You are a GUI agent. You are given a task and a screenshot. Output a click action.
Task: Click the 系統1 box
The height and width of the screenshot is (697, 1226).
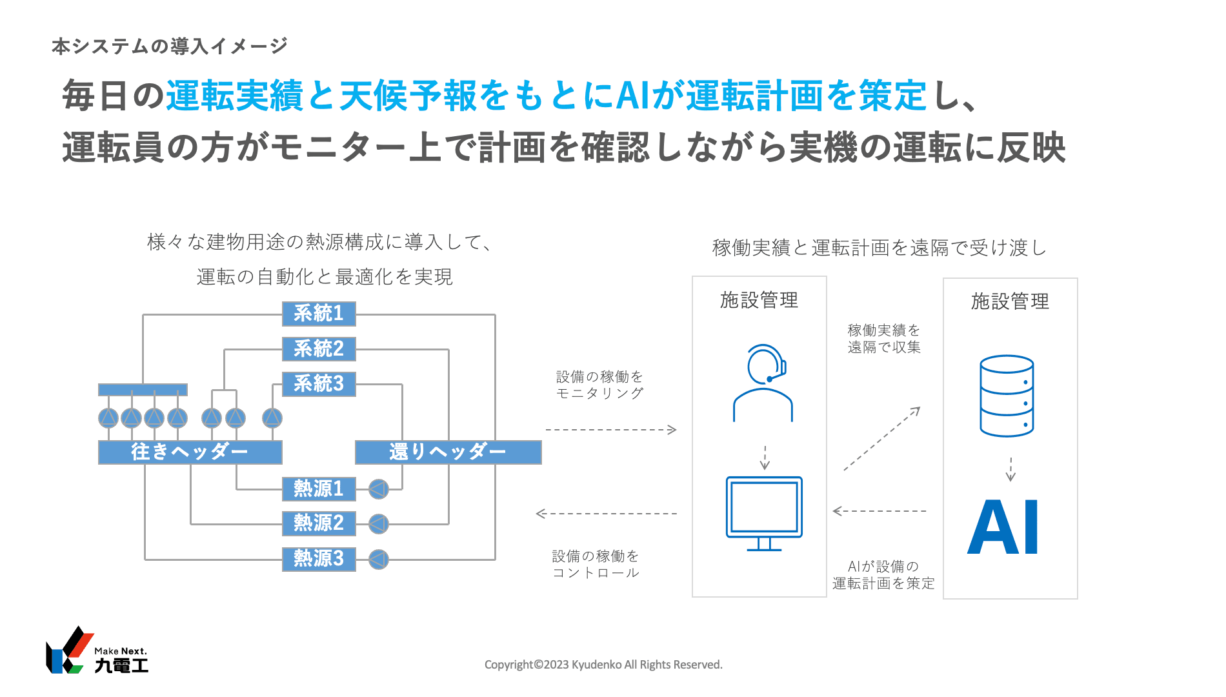pyautogui.click(x=319, y=314)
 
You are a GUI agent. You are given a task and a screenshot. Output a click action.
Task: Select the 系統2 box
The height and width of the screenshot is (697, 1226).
pyautogui.click(x=319, y=349)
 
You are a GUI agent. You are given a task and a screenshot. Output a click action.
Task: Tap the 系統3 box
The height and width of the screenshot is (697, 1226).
pyautogui.click(x=319, y=384)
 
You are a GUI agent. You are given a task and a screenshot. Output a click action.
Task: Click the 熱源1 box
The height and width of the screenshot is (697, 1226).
pyautogui.click(x=319, y=489)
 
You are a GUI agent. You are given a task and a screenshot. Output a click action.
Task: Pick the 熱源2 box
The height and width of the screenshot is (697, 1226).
pyautogui.click(x=319, y=523)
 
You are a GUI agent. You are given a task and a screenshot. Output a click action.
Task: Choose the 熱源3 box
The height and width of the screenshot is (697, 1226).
pyautogui.click(x=319, y=558)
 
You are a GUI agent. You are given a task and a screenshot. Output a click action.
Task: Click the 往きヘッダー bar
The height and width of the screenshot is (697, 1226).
pyautogui.click(x=190, y=452)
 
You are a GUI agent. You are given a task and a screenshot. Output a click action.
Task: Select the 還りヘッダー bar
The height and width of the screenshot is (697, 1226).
pyautogui.click(x=448, y=452)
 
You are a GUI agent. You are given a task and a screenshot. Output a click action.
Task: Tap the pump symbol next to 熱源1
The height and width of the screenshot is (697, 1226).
pyautogui.click(x=379, y=489)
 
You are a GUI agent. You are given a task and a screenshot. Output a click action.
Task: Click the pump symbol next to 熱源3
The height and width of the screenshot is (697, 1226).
pyautogui.click(x=379, y=559)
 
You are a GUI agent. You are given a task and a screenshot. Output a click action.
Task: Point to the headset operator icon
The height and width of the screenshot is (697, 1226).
pyautogui.click(x=763, y=383)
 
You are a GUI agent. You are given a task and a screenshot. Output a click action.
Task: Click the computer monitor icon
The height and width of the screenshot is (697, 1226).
pyautogui.click(x=764, y=513)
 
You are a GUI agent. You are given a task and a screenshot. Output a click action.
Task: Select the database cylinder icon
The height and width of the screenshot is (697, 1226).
pyautogui.click(x=1007, y=396)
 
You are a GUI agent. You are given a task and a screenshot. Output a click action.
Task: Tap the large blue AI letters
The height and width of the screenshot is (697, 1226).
pyautogui.click(x=1003, y=527)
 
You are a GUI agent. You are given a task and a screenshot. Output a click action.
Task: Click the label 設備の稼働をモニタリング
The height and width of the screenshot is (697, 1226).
pyautogui.click(x=599, y=385)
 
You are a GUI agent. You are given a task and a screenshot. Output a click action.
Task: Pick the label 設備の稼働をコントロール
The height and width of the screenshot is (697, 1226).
pyautogui.click(x=596, y=564)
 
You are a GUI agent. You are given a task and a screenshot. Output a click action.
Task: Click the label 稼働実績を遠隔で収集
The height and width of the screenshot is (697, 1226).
pyautogui.click(x=884, y=339)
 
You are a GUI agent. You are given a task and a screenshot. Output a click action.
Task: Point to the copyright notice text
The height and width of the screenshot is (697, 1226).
pyautogui.click(x=603, y=665)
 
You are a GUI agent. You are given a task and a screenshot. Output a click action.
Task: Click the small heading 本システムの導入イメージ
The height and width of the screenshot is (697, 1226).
pyautogui.click(x=170, y=46)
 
